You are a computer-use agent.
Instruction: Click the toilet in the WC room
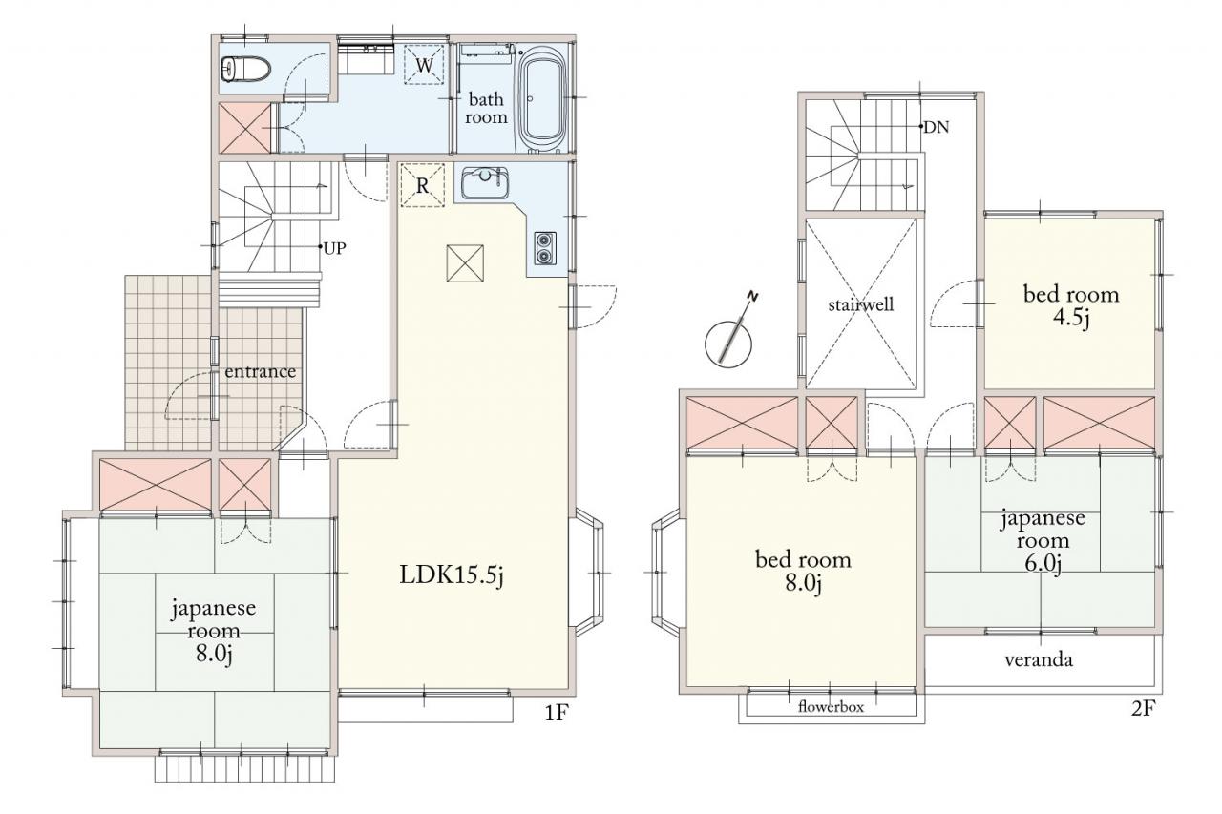(x=245, y=70)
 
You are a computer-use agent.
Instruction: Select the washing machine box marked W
(x=424, y=65)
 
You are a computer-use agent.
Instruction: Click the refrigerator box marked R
(x=423, y=185)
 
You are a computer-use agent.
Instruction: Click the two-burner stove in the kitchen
(x=545, y=248)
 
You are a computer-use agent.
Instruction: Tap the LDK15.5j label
(x=452, y=575)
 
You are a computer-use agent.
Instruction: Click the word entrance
(x=261, y=372)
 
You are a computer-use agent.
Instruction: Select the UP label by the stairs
(x=334, y=249)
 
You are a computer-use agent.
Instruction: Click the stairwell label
(x=861, y=303)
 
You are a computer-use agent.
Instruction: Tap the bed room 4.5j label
(x=1071, y=306)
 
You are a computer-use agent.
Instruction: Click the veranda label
(x=1039, y=660)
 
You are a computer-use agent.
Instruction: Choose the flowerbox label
(x=831, y=708)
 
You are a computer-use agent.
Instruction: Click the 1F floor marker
(x=558, y=712)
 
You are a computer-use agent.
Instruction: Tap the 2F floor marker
(x=1143, y=708)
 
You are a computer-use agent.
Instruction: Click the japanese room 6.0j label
(x=1043, y=541)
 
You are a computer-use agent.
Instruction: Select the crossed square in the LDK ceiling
(x=465, y=263)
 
